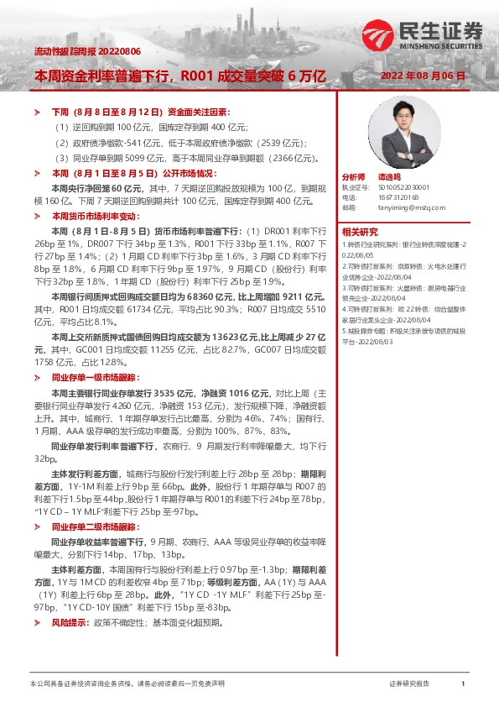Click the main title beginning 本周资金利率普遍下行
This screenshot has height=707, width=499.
pyautogui.click(x=179, y=76)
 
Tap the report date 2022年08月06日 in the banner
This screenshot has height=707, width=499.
pyautogui.click(x=423, y=76)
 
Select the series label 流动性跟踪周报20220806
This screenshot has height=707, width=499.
pyautogui.click(x=75, y=52)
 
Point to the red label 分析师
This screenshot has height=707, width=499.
pyautogui.click(x=354, y=178)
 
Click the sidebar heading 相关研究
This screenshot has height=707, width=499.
pyautogui.click(x=359, y=231)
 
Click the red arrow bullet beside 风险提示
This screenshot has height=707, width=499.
pyautogui.click(x=35, y=623)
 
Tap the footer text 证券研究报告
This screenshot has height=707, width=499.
pyautogui.click(x=409, y=684)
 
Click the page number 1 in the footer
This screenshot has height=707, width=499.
pyautogui.click(x=463, y=684)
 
